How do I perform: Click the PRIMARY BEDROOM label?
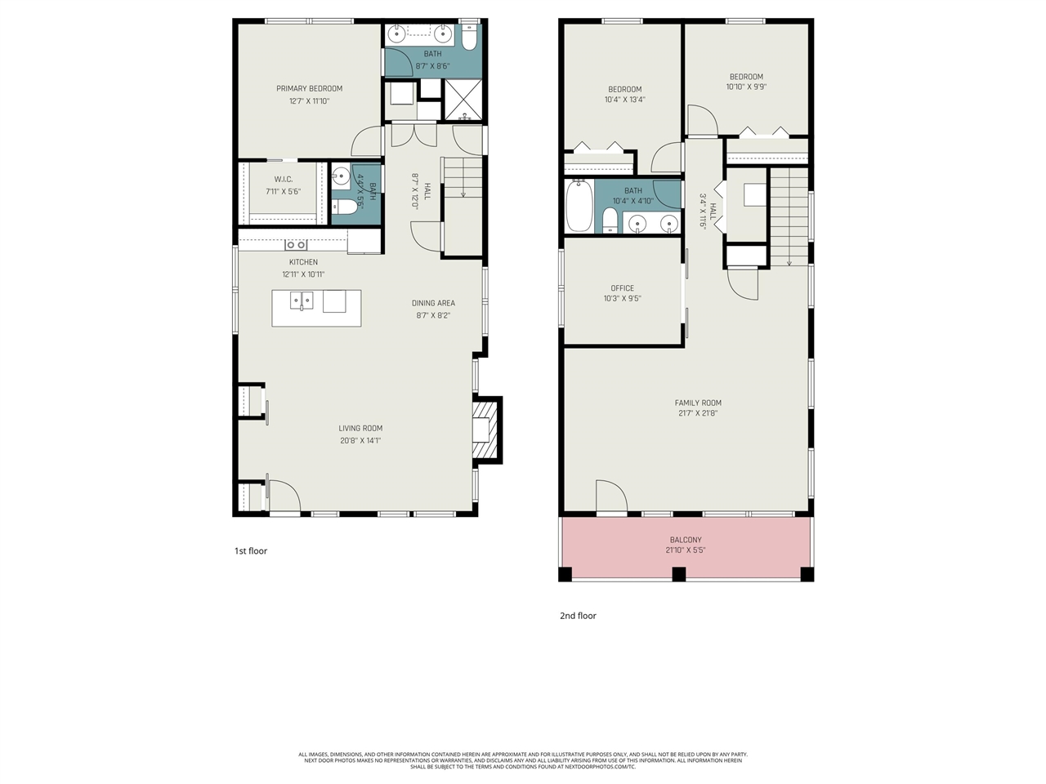[309, 88]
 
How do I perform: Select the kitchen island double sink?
[302, 302]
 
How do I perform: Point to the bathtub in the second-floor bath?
[578, 206]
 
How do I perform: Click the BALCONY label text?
[686, 540]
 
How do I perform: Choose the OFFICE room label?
[622, 288]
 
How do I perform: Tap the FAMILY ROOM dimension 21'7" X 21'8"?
[698, 413]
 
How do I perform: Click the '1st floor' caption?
[251, 551]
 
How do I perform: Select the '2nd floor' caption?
[578, 616]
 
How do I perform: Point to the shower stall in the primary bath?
[463, 100]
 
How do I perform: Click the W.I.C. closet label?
[284, 179]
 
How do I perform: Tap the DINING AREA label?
[433, 303]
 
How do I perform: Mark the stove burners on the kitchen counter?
[296, 244]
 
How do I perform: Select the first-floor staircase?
[463, 180]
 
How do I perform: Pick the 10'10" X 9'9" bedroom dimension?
[746, 87]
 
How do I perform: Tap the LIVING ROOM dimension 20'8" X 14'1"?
[360, 440]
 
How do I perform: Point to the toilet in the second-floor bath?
[610, 220]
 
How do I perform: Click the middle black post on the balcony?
[678, 573]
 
